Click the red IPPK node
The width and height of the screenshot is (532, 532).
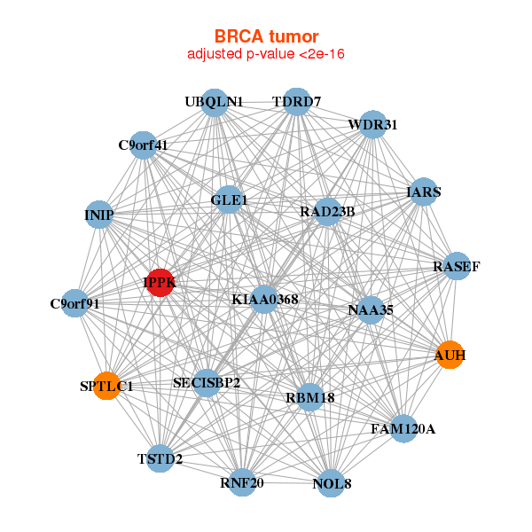pos(160,283)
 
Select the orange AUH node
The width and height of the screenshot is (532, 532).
pos(450,356)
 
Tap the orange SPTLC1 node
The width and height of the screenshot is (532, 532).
pos(106,386)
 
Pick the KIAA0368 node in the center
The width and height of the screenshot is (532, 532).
pos(264,300)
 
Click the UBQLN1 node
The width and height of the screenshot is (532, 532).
pos(214,102)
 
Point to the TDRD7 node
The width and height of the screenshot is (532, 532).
pos(297,102)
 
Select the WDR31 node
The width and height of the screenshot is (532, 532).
pos(372,125)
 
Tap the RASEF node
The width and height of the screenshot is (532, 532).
pos(456,267)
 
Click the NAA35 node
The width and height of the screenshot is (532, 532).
pos(371,309)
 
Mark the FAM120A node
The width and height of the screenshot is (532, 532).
pos(403,429)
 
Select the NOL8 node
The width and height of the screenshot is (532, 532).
pos(332,483)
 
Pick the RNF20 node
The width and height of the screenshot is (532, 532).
pos(242,482)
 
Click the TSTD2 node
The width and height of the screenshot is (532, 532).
pos(160,458)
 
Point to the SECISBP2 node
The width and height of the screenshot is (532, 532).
pos(207,383)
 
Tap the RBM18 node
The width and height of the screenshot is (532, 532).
pos(310,397)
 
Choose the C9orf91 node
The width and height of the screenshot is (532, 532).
pos(75,303)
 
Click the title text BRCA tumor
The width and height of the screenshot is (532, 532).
pos(266,36)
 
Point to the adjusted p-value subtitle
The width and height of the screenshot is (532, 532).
pos(266,54)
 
